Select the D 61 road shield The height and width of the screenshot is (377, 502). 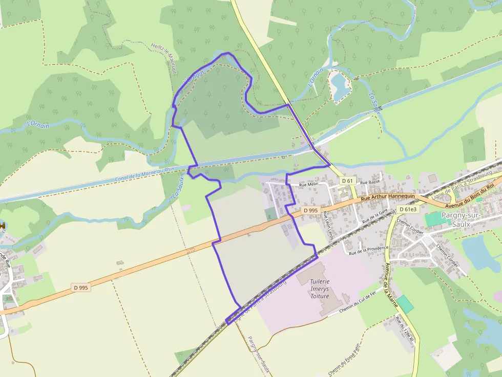click(347, 181)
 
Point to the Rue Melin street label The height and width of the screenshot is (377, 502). click(309, 185)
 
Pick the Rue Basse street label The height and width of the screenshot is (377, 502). click(370, 182)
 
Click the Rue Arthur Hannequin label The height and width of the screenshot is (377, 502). click(387, 198)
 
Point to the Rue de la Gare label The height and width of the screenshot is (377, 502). click(375, 217)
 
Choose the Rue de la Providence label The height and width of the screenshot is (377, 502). click(368, 250)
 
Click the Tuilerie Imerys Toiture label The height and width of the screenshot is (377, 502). click(320, 289)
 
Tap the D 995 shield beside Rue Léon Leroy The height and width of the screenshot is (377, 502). click(311, 210)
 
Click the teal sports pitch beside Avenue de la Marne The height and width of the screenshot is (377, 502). click(405, 304)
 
